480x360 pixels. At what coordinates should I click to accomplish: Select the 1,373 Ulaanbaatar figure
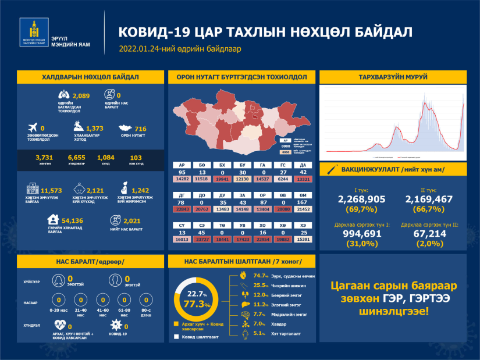pos(94,128)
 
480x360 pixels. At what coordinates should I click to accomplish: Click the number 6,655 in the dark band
pos(76,157)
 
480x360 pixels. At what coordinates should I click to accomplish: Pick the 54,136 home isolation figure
pos(75,220)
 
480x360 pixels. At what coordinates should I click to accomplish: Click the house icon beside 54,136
pos(53,220)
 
